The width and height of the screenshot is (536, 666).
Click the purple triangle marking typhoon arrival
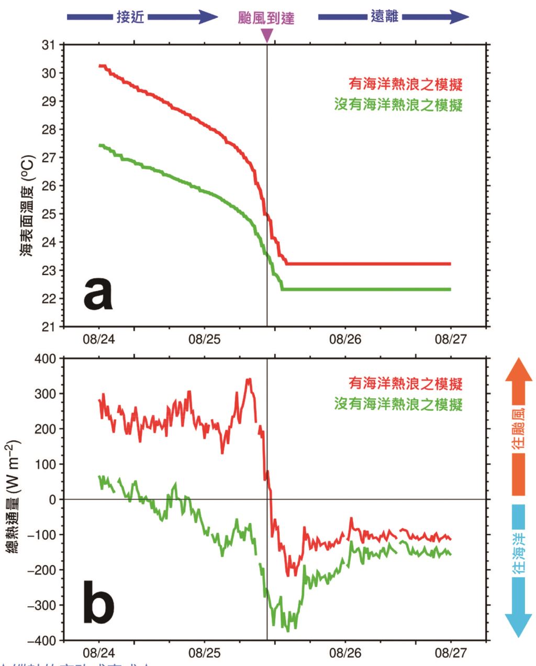click(x=267, y=36)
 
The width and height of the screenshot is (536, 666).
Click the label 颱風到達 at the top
click(x=266, y=18)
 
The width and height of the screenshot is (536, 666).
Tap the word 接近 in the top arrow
click(x=130, y=17)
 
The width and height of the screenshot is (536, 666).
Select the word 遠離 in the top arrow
click(x=384, y=17)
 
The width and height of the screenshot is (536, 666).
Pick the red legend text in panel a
click(x=406, y=84)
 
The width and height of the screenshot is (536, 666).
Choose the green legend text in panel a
click(x=398, y=105)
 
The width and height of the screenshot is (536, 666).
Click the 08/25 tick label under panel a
click(x=205, y=340)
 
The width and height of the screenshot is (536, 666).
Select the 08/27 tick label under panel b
click(x=451, y=653)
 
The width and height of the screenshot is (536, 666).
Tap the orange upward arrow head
click(x=518, y=370)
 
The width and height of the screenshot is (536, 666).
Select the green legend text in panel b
click(x=398, y=405)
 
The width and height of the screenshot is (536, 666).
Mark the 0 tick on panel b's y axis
click(x=52, y=500)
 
